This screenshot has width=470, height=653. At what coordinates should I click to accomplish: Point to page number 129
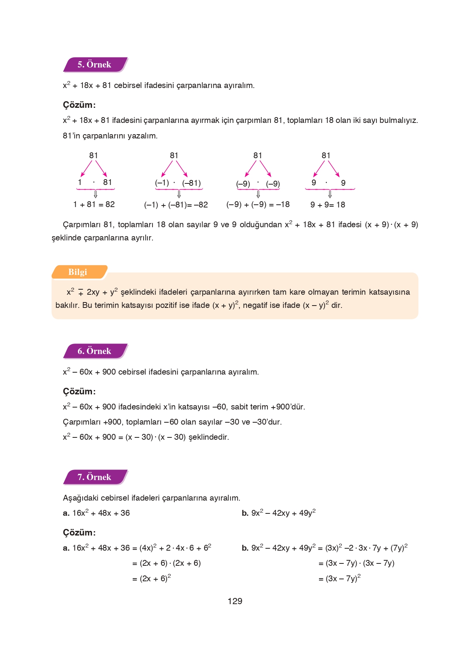(235, 601)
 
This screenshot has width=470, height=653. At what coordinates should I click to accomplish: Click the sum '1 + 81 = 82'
(94, 204)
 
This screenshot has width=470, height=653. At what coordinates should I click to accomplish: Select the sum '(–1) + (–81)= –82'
(176, 205)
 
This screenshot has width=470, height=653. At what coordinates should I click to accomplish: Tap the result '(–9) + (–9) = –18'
(258, 204)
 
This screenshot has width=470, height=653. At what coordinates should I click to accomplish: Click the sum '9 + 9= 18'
(328, 205)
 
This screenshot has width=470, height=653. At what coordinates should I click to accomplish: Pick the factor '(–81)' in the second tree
(191, 183)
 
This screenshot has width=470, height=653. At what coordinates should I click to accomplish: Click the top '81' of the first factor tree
(94, 155)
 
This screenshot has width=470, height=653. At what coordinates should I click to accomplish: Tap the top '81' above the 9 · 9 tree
(326, 155)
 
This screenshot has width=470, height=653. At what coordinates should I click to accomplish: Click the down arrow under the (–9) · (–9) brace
(258, 194)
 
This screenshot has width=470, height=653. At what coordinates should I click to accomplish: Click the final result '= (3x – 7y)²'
(339, 579)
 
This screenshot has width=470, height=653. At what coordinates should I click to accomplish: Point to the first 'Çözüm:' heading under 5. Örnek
(79, 105)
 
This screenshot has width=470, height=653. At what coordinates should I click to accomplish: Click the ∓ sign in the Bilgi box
(81, 293)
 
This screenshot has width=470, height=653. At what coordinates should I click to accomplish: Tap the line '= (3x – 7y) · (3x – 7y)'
(356, 563)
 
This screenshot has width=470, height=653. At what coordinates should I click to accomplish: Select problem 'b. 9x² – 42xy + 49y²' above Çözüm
(278, 513)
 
